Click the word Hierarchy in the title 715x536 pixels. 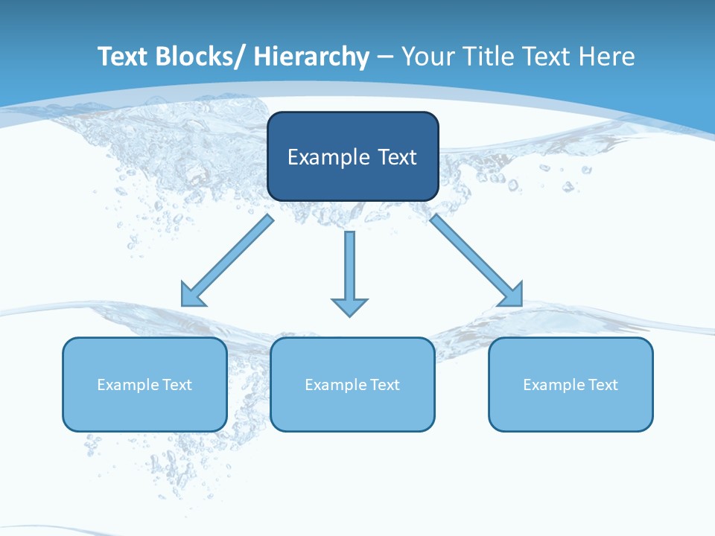(x=311, y=57)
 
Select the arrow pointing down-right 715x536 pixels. (x=477, y=261)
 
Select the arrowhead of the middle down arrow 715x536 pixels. (x=349, y=307)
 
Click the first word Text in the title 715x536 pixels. (x=122, y=57)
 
